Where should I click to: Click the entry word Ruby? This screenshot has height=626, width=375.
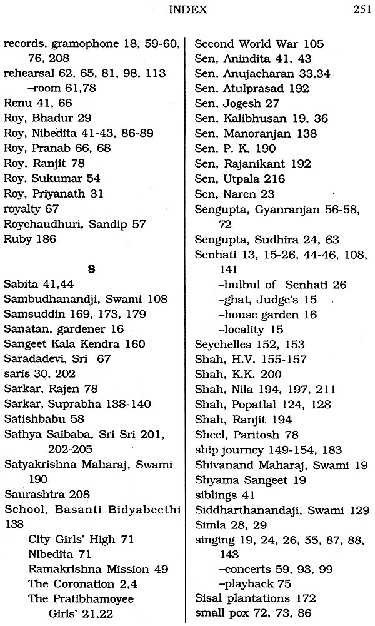click(17, 238)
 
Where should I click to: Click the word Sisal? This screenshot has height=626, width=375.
click(208, 599)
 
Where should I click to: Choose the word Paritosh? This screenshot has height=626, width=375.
click(253, 434)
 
